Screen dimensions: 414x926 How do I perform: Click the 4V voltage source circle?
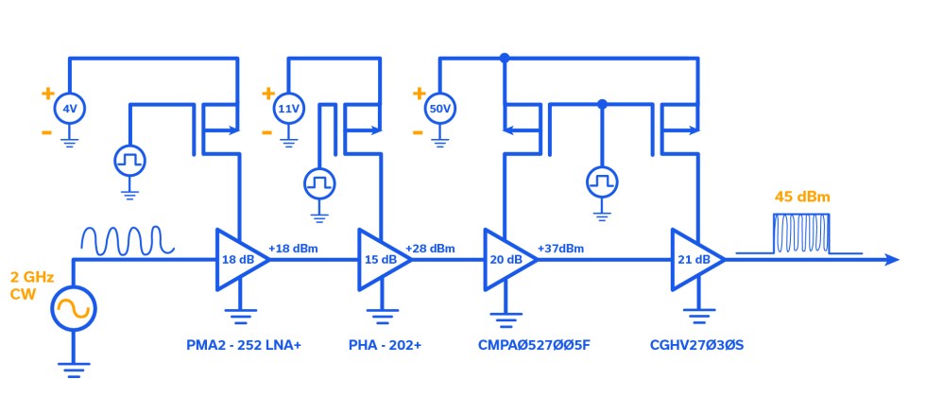tap(69, 110)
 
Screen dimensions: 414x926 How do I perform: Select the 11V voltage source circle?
tap(287, 110)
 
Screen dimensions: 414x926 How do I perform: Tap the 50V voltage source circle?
tap(439, 110)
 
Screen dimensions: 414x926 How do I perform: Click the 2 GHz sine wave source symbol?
tap(72, 308)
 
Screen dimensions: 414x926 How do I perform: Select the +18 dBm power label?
tap(295, 248)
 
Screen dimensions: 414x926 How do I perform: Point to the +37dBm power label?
tap(560, 248)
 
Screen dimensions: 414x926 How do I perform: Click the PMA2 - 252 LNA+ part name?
tap(243, 346)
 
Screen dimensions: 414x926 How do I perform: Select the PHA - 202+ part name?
tap(385, 346)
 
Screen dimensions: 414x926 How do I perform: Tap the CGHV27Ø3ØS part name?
tap(697, 346)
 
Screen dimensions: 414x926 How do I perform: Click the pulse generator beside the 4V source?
tap(129, 161)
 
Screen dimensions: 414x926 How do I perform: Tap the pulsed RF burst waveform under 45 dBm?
tap(799, 234)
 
